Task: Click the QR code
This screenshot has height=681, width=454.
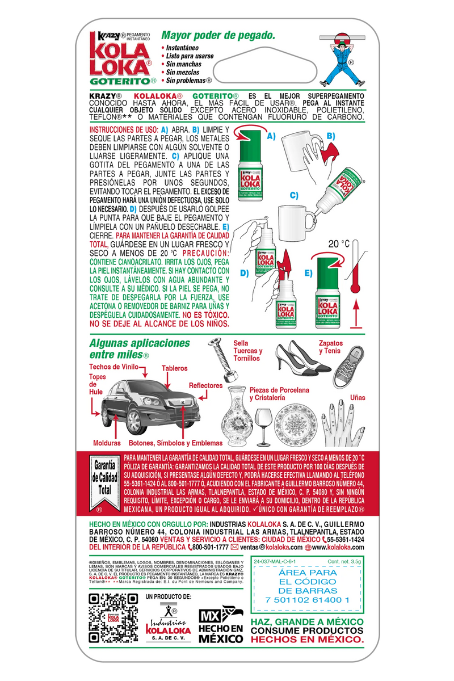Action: click(114, 618)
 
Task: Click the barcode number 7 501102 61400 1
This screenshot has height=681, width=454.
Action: click(306, 600)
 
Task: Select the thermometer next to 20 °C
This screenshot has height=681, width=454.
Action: click(356, 267)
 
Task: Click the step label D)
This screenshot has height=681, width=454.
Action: click(245, 273)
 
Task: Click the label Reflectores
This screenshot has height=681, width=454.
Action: click(205, 385)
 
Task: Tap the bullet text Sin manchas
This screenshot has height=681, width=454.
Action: click(180, 65)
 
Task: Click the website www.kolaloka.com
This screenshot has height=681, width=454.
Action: click(338, 547)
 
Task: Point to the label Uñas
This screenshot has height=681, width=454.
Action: click(358, 397)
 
